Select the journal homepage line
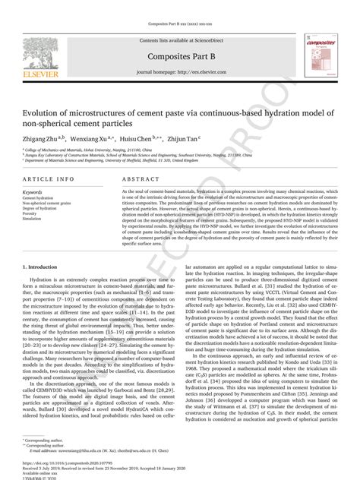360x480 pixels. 180,71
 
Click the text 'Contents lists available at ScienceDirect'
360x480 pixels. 180,39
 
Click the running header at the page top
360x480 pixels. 180,7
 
